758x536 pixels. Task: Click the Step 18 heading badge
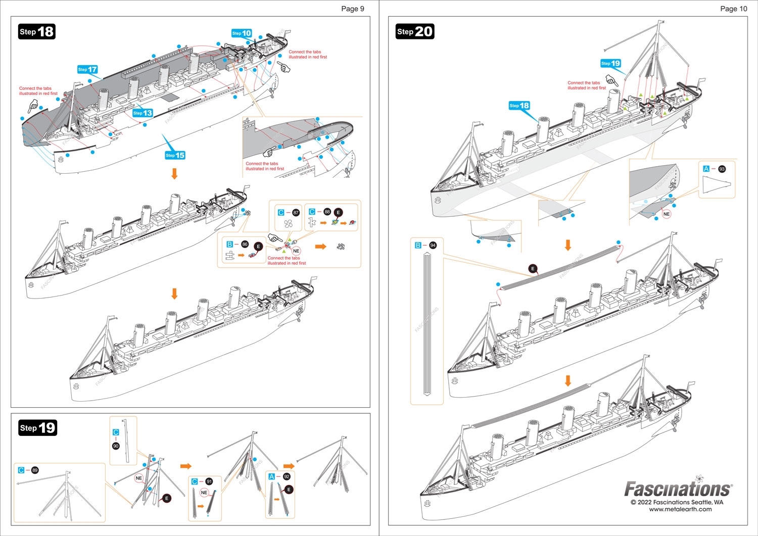pyautogui.click(x=36, y=32)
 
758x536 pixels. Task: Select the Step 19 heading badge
pyautogui.click(x=38, y=428)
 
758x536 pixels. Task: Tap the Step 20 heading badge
pyautogui.click(x=414, y=32)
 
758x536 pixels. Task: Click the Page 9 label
pyautogui.click(x=352, y=9)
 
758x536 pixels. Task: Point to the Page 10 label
pyautogui.click(x=733, y=9)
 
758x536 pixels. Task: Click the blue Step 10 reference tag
pyautogui.click(x=242, y=33)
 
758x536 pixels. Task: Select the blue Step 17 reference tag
pyautogui.click(x=87, y=70)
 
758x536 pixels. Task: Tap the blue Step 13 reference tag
pyautogui.click(x=143, y=113)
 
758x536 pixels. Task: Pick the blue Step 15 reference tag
pyautogui.click(x=175, y=155)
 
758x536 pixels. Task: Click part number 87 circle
pyautogui.click(x=296, y=213)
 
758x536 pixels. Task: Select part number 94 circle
pyautogui.click(x=433, y=246)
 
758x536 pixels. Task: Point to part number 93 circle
pyautogui.click(x=722, y=169)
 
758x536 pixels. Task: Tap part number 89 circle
pyautogui.click(x=35, y=470)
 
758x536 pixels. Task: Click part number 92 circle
pyautogui.click(x=287, y=476)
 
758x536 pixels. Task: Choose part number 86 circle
pyautogui.click(x=245, y=245)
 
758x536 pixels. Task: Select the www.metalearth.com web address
pyautogui.click(x=680, y=509)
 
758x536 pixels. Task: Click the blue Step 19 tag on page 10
pyautogui.click(x=610, y=64)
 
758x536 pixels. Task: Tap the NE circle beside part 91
pyautogui.click(x=204, y=493)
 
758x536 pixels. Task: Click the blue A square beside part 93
pyautogui.click(x=706, y=169)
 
